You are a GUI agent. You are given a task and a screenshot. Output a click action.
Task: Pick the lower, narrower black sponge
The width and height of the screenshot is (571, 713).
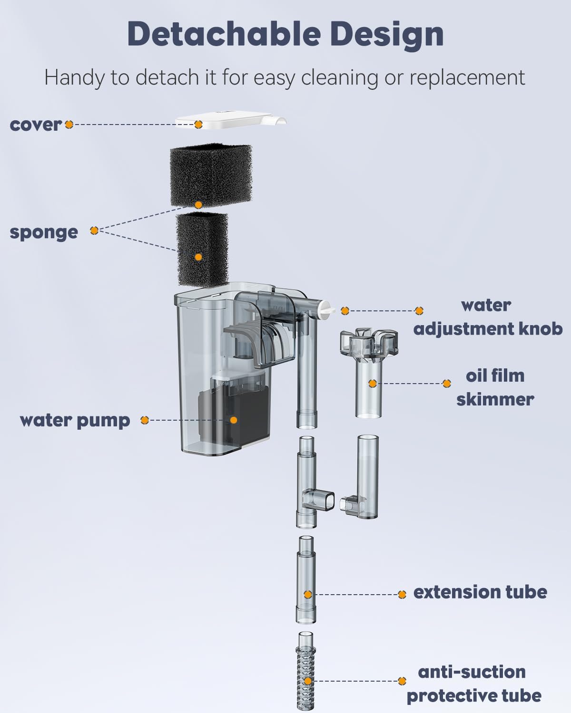(x=202, y=249)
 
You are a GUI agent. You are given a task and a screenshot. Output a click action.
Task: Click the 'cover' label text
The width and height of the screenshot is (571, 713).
(x=36, y=125)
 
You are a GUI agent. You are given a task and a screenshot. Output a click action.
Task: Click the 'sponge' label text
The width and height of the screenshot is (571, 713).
(x=44, y=232)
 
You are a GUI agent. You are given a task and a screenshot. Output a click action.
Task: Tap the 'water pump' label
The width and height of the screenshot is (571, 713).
(x=75, y=420)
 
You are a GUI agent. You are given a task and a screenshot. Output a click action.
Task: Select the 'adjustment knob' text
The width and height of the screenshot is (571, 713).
(x=488, y=328)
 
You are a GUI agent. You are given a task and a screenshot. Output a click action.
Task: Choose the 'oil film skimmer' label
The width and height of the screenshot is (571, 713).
(x=495, y=387)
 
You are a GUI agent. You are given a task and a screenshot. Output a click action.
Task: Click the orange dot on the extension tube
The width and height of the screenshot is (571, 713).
(x=308, y=595)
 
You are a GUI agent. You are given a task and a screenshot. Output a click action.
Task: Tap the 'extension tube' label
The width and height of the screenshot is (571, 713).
(x=480, y=592)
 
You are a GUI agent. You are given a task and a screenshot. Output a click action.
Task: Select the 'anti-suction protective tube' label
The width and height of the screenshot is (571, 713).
(x=473, y=684)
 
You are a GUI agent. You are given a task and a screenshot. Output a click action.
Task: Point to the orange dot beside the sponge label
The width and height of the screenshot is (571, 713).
(x=94, y=231)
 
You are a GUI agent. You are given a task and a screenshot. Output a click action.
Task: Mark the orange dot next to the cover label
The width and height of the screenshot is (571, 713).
(x=69, y=125)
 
